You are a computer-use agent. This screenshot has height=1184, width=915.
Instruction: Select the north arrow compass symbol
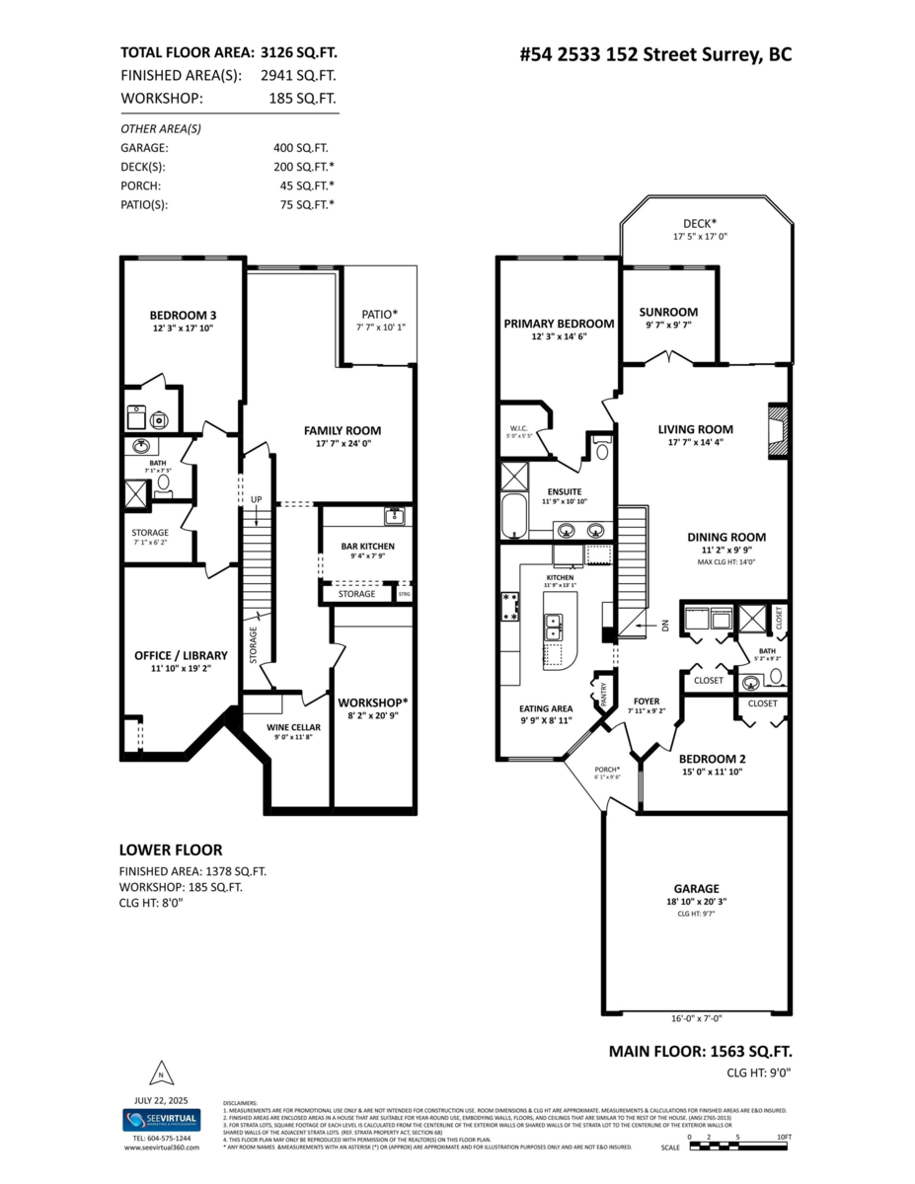[158, 1074]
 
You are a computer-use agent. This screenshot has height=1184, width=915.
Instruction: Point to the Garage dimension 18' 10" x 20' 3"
[696, 901]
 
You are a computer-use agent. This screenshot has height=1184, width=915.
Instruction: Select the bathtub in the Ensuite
[513, 517]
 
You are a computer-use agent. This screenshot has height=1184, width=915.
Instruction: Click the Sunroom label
[670, 312]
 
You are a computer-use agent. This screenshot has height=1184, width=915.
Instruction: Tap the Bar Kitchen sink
[395, 516]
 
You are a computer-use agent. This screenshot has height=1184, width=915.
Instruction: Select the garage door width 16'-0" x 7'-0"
[696, 1017]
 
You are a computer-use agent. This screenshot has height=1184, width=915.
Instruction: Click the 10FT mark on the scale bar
[783, 1138]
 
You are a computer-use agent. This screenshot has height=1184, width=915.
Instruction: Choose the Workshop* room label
[373, 702]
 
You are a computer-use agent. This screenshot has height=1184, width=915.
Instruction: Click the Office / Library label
[181, 655]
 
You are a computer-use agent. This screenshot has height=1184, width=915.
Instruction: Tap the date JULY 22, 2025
[161, 1099]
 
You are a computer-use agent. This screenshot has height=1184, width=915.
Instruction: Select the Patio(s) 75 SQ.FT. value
[306, 204]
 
